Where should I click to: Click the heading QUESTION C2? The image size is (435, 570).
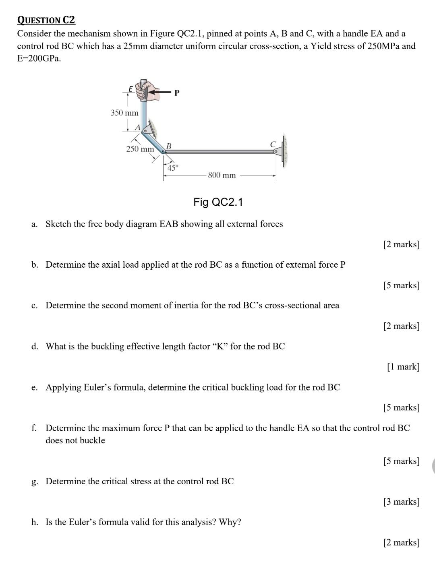point(46,20)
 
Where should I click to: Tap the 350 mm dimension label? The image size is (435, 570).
point(124,113)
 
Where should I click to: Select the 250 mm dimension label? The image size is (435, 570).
point(140,149)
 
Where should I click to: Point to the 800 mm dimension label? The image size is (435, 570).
point(222,175)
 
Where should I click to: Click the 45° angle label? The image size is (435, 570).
point(173,168)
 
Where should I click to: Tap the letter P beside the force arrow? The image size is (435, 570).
point(176,93)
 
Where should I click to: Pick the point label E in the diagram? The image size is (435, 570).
point(130,88)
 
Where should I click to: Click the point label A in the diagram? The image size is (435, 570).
point(137,127)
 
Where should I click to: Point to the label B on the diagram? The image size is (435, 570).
point(169,145)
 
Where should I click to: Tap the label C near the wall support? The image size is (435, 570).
point(273,144)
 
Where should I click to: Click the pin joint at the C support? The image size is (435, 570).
point(276,152)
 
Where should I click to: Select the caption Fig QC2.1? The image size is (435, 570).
point(218,202)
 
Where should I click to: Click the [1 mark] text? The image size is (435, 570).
point(403,367)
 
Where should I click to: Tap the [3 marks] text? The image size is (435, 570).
point(401,502)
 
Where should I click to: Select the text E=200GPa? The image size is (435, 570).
point(39,58)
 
